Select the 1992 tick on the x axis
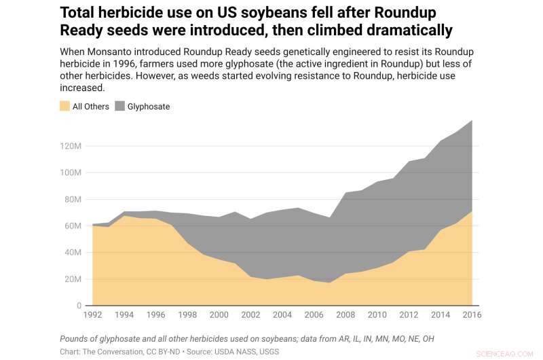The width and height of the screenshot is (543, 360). tap(92, 315)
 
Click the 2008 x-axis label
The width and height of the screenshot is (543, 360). tap(345, 315)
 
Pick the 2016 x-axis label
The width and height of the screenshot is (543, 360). tap(471, 315)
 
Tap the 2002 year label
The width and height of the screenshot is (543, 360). tap(250, 315)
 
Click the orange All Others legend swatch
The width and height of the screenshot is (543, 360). tap(65, 106)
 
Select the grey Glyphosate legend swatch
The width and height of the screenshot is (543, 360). tap(119, 106)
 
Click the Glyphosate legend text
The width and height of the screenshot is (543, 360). tap(149, 107)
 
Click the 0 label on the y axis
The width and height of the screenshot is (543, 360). tap(79, 306)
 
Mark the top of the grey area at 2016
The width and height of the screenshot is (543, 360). tap(472, 120)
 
